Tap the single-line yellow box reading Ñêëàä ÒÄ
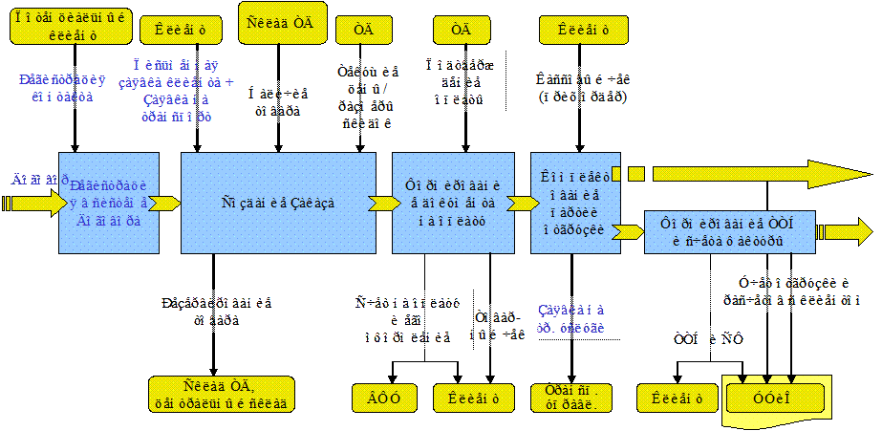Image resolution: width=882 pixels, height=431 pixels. coord(286,23)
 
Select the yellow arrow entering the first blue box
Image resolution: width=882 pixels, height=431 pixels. coord(29,203)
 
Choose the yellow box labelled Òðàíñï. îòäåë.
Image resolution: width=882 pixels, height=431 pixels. coord(565,398)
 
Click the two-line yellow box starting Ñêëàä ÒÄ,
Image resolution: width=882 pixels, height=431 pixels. coord(221,394)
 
